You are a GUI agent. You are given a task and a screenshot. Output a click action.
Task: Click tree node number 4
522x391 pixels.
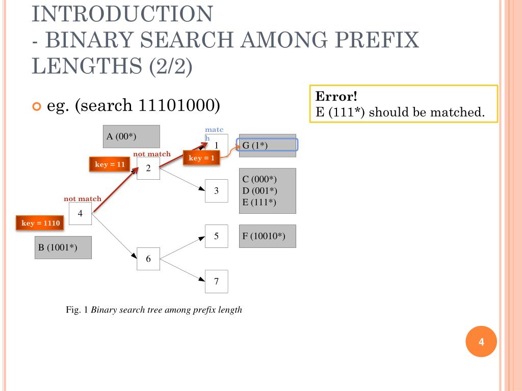pyautogui.click(x=80, y=213)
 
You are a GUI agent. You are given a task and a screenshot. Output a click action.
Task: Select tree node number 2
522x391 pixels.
pyautogui.click(x=148, y=168)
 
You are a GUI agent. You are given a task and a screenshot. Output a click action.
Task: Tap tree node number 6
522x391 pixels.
pyautogui.click(x=148, y=259)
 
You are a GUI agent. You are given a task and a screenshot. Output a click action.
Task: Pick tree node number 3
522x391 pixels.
pyautogui.click(x=216, y=191)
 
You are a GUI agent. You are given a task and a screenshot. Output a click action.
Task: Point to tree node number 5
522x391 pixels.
pyautogui.click(x=216, y=236)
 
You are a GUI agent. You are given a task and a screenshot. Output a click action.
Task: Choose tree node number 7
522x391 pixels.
pyautogui.click(x=216, y=282)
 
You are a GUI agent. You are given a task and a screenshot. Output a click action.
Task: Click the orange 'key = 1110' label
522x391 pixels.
pyautogui.click(x=41, y=223)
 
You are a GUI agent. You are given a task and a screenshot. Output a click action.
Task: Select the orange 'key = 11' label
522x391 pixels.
pyautogui.click(x=110, y=164)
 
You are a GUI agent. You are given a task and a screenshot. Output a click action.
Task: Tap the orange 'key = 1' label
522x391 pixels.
pyautogui.click(x=201, y=158)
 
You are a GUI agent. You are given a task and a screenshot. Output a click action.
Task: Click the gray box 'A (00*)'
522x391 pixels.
pyautogui.click(x=132, y=136)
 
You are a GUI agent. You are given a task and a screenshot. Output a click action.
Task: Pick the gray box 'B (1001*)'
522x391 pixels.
pyautogui.click(x=63, y=247)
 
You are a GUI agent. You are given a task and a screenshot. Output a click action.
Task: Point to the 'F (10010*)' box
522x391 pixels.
pyautogui.click(x=267, y=236)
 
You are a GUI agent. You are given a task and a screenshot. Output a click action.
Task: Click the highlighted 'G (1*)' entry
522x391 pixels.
pyautogui.click(x=267, y=145)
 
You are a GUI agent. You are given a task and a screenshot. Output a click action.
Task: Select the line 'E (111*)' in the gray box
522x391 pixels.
pyautogui.click(x=259, y=202)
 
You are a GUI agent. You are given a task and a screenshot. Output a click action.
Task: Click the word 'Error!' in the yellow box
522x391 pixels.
pyautogui.click(x=336, y=97)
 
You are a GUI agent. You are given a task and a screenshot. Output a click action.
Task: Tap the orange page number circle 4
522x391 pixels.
pyautogui.click(x=481, y=342)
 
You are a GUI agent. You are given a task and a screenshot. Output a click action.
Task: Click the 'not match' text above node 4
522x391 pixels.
pyautogui.click(x=83, y=199)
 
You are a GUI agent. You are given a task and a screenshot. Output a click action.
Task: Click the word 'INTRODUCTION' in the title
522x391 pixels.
pyautogui.click(x=122, y=14)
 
